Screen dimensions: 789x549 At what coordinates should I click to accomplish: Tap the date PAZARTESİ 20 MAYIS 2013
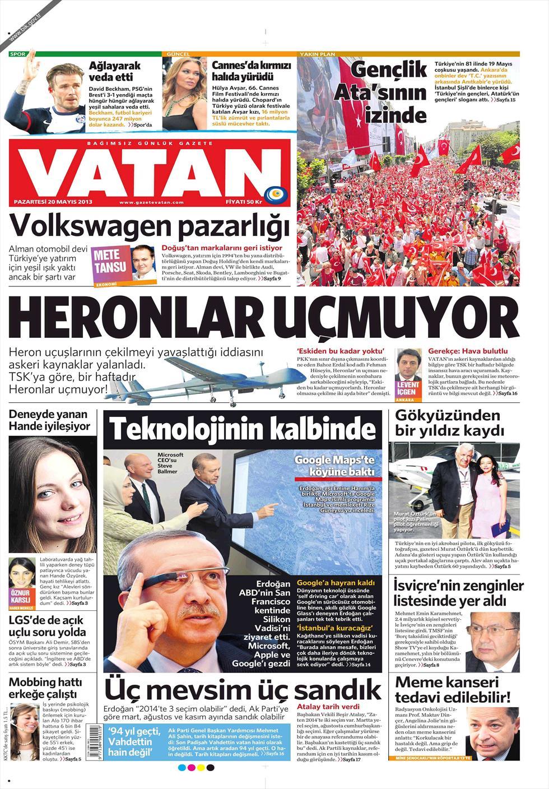tap(53, 202)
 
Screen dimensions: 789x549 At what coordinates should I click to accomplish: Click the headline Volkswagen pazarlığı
tap(150, 227)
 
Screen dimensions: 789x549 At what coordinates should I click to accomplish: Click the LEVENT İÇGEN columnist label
tap(407, 388)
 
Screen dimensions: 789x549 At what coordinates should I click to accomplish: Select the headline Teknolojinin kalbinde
tap(243, 429)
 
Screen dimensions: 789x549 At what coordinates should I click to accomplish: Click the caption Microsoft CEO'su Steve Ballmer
tap(170, 463)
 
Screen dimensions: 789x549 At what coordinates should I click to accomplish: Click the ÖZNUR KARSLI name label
tap(21, 596)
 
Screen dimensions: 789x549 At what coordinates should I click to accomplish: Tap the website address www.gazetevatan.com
tap(152, 202)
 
